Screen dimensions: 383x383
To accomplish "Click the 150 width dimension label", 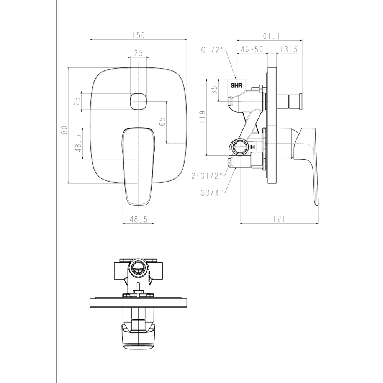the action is point(139,35).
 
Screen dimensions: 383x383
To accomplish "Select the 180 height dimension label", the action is point(65,132).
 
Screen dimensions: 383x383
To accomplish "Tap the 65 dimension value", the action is point(162,121).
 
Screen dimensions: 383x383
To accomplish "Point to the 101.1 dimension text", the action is point(270,36).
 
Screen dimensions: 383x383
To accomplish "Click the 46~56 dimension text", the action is point(252,49).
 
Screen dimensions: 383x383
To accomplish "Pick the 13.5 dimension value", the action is point(289,49).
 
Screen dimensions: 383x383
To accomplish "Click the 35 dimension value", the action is point(214,90).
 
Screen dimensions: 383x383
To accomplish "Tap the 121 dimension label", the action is point(279,219).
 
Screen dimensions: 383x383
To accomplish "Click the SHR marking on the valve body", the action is point(237,86).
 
